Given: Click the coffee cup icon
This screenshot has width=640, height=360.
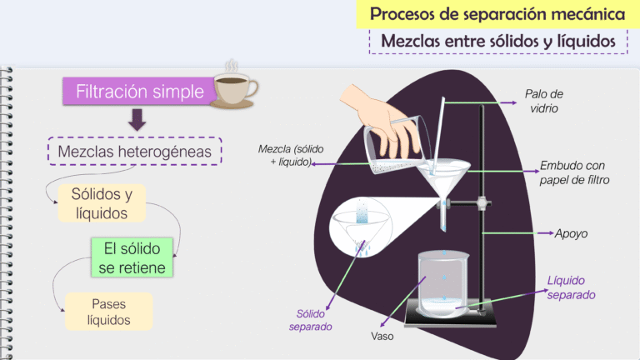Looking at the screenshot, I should click(x=236, y=86).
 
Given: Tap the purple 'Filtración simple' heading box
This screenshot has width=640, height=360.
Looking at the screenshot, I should click(x=139, y=92).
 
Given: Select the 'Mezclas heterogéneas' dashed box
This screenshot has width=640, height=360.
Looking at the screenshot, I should click(x=135, y=152).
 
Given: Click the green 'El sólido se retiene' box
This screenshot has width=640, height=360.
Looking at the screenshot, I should click(x=132, y=257).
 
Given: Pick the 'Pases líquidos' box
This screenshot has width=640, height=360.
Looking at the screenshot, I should click(x=108, y=311).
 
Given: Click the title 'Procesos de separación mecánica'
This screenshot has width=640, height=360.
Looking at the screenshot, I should click(x=497, y=14).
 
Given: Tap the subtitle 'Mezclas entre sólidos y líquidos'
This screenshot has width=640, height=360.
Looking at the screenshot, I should click(x=497, y=40).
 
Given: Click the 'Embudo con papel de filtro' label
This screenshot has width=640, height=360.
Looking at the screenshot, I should click(x=575, y=172).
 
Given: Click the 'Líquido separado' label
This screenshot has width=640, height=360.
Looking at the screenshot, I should click(x=572, y=287).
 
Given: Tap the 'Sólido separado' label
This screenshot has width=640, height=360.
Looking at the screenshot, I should click(x=310, y=320).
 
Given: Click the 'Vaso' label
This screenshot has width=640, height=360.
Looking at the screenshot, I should click(x=382, y=337).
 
